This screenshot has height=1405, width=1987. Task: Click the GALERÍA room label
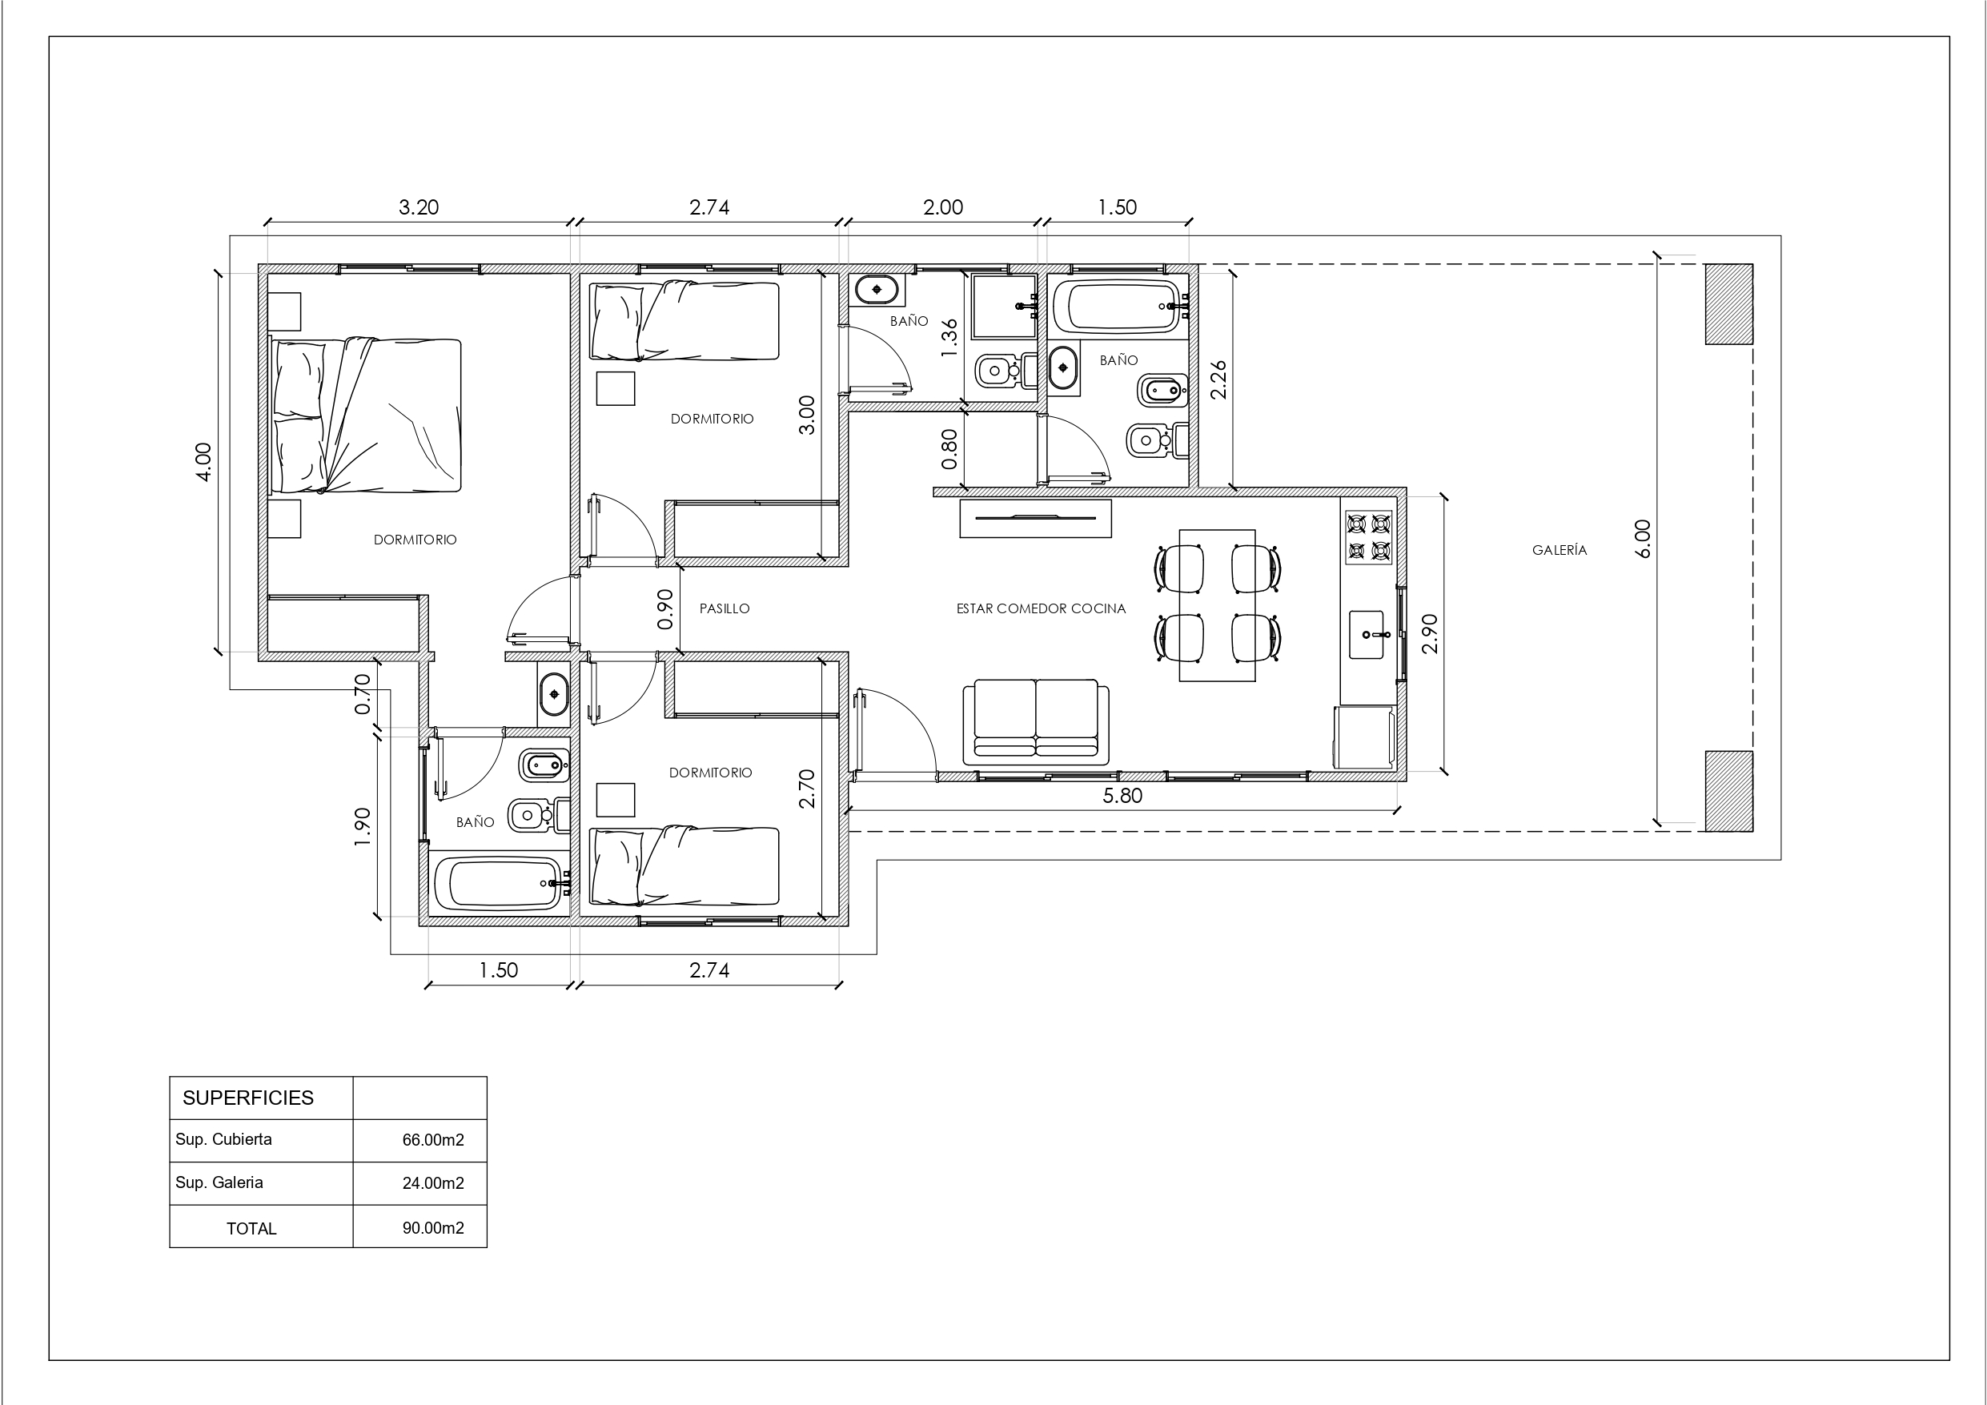point(1559,550)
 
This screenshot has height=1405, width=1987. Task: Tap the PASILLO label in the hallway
point(725,608)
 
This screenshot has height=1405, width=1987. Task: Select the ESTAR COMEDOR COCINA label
point(1041,608)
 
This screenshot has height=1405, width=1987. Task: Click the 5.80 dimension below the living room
point(1122,796)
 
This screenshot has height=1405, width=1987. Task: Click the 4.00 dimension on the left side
point(203,462)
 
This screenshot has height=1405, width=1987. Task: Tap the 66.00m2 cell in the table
point(433,1140)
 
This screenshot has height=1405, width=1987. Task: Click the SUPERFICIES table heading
point(247,1098)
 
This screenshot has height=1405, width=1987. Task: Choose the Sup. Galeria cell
point(219,1182)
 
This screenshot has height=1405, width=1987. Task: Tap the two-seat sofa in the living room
point(1036,722)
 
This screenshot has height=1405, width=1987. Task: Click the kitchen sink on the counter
point(1367,634)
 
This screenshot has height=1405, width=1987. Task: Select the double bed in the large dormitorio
point(366,415)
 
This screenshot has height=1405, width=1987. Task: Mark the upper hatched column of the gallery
point(1728,304)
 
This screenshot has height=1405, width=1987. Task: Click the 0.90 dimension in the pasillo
point(664,608)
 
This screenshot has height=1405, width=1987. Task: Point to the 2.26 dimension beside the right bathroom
point(1217,379)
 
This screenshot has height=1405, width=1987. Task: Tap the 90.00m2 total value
point(433,1228)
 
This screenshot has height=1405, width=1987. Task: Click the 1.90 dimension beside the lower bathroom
point(363,827)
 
